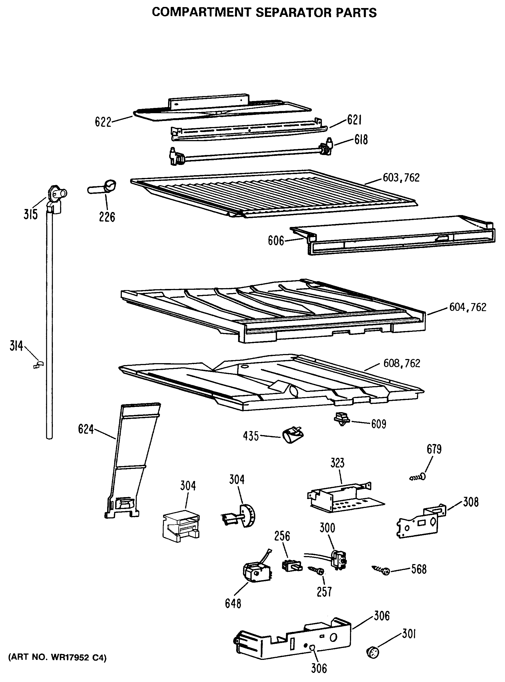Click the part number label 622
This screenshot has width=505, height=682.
103,122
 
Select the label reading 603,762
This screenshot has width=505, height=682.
401,177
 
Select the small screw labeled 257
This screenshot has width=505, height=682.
317,570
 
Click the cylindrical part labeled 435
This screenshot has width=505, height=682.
293,435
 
